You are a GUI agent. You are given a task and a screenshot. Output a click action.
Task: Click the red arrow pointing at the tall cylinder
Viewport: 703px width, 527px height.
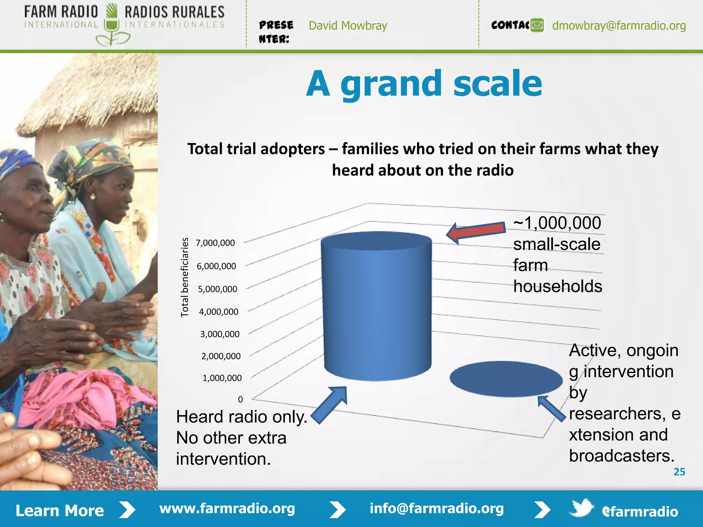[477, 232]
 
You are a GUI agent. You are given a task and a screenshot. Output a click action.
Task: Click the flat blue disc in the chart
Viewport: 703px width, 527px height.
[506, 379]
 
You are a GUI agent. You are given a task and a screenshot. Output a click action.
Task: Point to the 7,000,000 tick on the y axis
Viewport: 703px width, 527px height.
[215, 243]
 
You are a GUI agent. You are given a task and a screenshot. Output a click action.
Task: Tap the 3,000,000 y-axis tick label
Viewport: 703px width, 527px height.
[220, 334]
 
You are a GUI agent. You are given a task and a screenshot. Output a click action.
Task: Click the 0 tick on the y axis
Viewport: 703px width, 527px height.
[240, 399]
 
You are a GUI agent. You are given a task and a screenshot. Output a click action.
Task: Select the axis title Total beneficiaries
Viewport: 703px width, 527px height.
[185, 277]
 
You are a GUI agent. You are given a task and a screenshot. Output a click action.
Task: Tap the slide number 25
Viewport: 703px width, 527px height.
[679, 472]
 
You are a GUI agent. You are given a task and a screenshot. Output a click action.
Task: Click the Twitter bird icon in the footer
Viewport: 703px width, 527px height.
[581, 508]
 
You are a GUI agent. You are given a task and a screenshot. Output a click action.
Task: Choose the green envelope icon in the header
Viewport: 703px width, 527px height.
[537, 25]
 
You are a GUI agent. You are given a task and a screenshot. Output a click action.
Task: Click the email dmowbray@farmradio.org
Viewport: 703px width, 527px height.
[619, 26]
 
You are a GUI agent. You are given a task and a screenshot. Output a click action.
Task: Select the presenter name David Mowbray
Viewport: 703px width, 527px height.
[348, 26]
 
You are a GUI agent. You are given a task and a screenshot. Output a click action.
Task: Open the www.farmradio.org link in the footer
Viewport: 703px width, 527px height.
[227, 508]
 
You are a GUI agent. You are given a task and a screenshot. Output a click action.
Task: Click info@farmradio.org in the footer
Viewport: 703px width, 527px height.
[436, 508]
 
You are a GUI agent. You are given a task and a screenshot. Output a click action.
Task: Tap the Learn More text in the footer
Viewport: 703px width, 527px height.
[60, 511]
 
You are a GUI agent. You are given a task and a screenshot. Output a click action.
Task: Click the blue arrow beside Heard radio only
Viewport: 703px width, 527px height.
[330, 405]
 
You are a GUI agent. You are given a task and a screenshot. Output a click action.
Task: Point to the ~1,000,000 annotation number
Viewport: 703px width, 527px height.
[557, 223]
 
